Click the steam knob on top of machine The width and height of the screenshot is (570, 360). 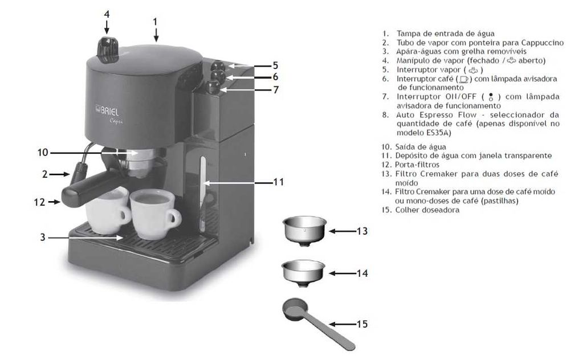pyautogui.click(x=108, y=49)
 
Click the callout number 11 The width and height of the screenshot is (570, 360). pyautogui.click(x=278, y=182)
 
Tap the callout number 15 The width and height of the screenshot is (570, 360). pyautogui.click(x=362, y=324)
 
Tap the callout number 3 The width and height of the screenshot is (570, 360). pyautogui.click(x=43, y=237)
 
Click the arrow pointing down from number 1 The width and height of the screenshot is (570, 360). pyautogui.click(x=155, y=35)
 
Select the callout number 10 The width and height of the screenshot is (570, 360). pyautogui.click(x=43, y=153)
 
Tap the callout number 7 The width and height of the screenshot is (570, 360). pyautogui.click(x=275, y=89)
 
